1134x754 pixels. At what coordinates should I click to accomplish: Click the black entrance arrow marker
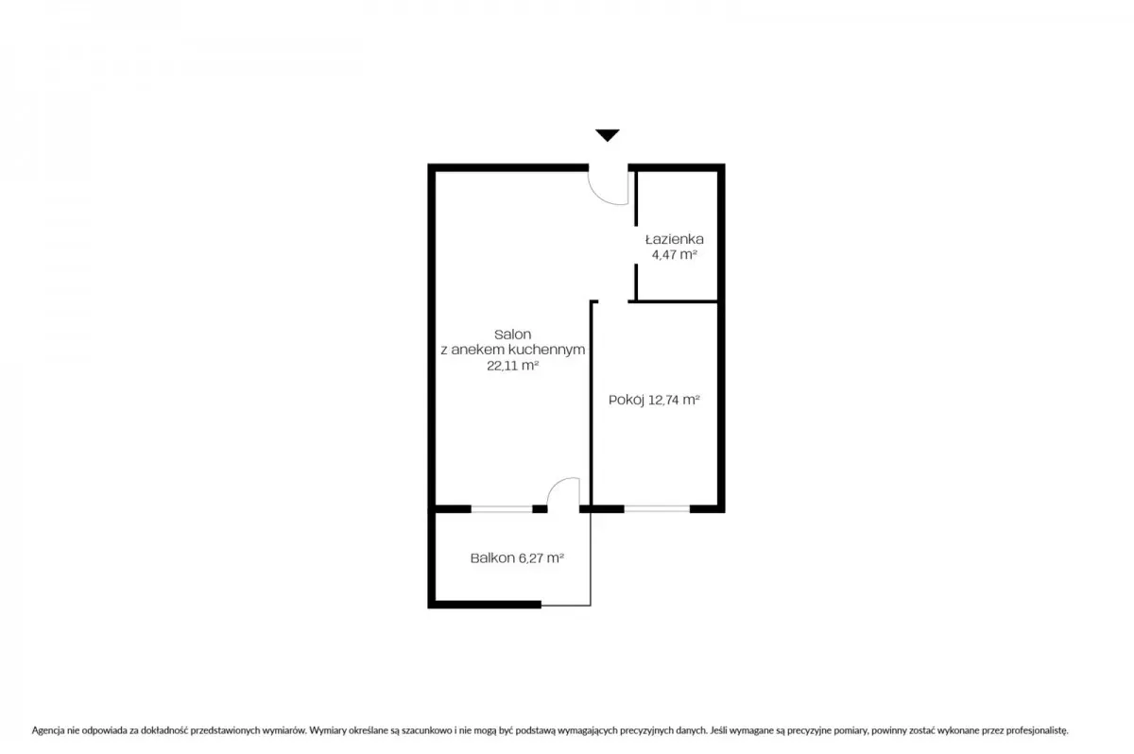pos(608,135)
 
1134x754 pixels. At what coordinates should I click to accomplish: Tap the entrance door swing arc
pos(600,197)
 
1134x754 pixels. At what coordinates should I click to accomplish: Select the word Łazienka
pos(675,239)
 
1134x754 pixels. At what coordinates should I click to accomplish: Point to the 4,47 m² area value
pos(675,254)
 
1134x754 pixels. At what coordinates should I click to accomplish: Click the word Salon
pos(512,334)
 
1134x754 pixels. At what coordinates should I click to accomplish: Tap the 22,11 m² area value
pos(512,366)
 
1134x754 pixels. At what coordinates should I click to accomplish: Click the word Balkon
pos(492,558)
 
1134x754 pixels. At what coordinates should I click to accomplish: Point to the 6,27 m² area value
pos(541,558)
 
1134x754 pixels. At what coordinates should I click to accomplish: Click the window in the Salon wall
pos(502,509)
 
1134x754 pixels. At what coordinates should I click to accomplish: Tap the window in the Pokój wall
pos(657,509)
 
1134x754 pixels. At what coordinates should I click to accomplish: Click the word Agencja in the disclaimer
pos(47,730)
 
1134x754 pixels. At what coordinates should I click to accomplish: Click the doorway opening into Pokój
pos(613,302)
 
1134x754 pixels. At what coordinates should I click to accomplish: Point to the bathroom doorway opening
pos(636,245)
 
